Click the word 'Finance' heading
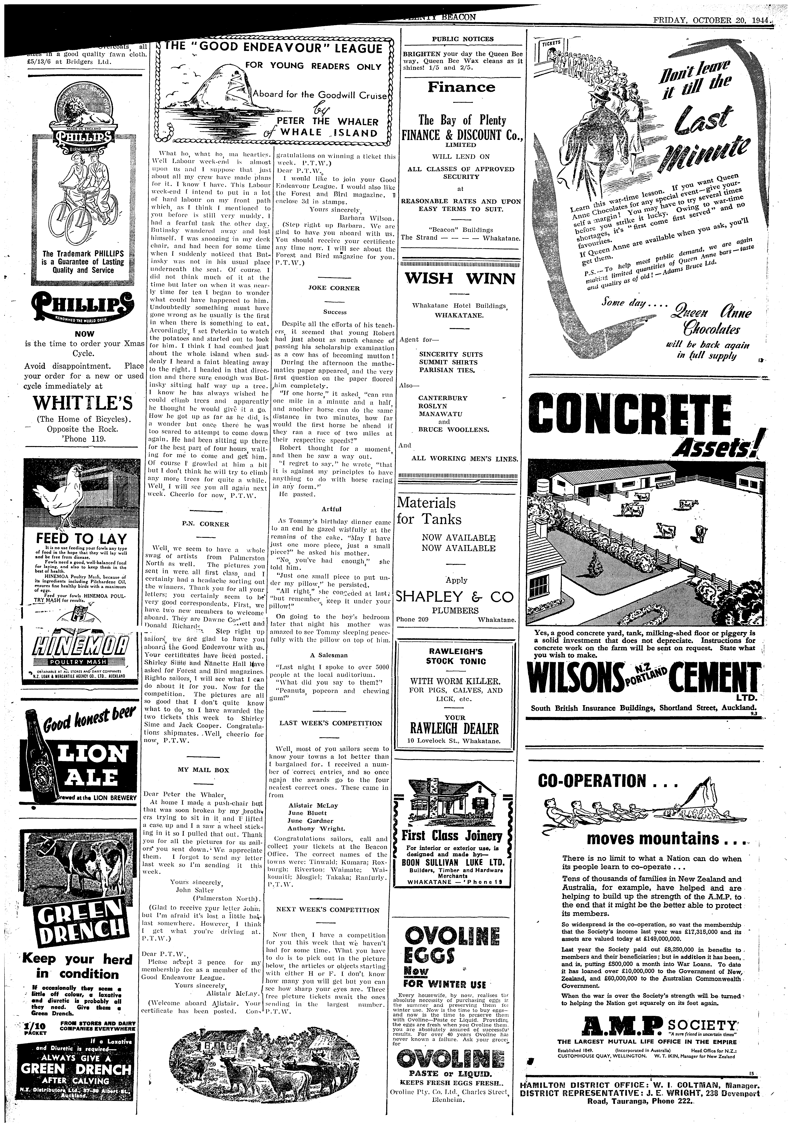tap(461, 87)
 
